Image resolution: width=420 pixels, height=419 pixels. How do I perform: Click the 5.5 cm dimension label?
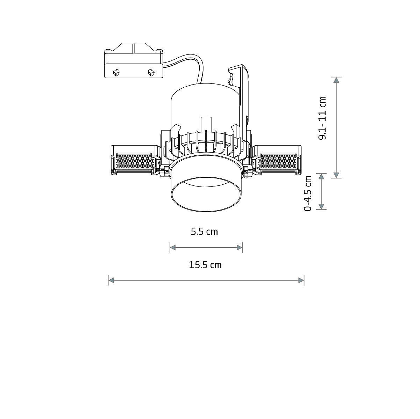point(204,231)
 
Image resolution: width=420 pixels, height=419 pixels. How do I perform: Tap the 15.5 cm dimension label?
point(205,265)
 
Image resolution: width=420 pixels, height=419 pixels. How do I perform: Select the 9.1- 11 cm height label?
point(322,118)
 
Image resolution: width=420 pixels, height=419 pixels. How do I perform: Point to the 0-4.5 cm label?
point(308,193)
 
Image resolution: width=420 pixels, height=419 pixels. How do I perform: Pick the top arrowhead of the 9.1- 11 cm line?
point(336,80)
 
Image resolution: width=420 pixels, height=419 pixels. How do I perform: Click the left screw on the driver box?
point(116,73)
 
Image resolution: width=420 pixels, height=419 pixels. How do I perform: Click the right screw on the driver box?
point(151,73)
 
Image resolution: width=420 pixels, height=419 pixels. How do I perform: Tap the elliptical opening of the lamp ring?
point(206,196)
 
